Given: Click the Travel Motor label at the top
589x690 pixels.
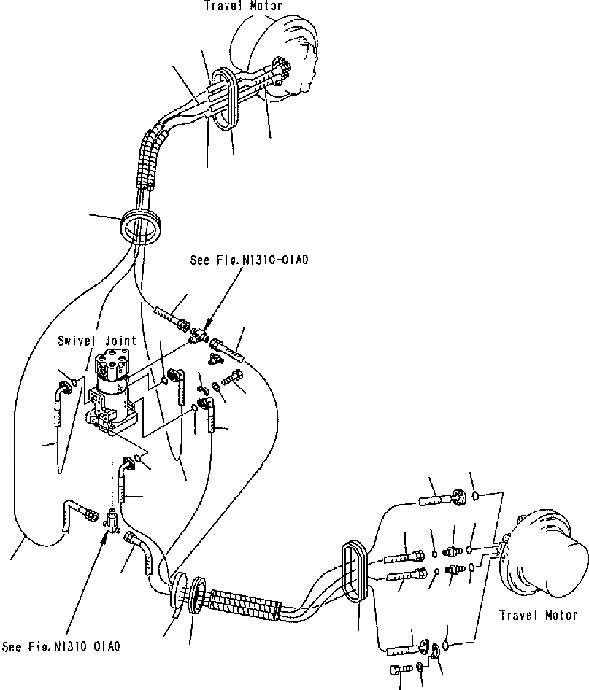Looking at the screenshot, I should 232,6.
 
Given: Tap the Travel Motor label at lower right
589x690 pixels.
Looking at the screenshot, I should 538,615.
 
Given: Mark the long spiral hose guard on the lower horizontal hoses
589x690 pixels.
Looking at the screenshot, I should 244,603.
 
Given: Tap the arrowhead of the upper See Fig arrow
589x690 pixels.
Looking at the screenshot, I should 205,323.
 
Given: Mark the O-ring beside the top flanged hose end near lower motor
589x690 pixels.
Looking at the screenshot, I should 476,495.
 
